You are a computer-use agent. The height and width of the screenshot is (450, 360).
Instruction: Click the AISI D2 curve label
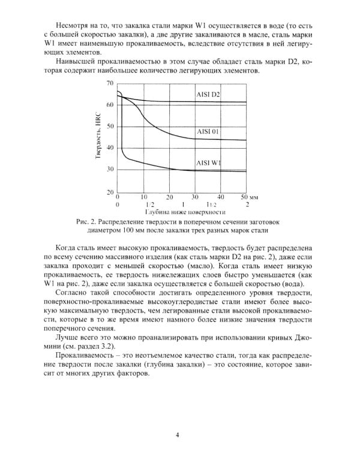pos(208,95)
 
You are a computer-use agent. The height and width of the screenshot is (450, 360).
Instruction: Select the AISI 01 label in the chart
pos(207,131)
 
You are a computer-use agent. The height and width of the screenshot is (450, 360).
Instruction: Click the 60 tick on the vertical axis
pos(110,104)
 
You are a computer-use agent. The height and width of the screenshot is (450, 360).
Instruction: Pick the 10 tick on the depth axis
pos(144,197)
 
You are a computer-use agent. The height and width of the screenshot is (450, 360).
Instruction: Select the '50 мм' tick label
pos(248,197)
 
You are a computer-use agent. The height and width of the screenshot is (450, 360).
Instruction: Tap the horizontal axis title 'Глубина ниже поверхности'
pos(185,212)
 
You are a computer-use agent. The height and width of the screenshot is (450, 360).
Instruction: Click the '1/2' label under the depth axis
pos(144,205)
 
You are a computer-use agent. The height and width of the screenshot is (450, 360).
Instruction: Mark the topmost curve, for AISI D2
pos(180,101)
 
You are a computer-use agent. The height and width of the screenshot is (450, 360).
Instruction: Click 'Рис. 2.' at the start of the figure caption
pos(87,221)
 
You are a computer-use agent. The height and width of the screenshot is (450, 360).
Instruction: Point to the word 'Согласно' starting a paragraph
pos(71,293)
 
